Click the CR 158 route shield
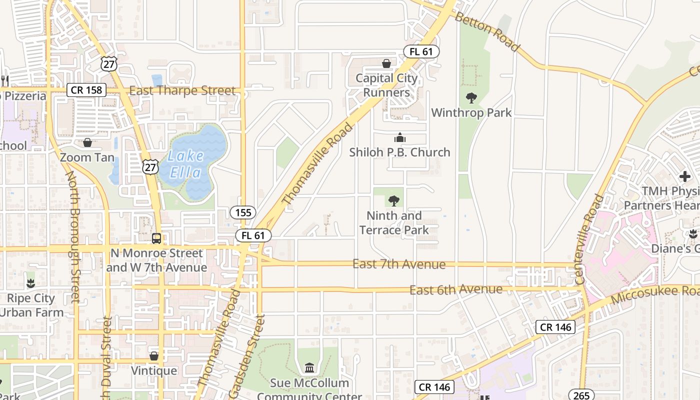(x=86, y=90)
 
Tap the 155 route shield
(x=243, y=212)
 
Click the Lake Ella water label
(x=185, y=164)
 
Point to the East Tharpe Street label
(x=182, y=91)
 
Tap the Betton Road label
(x=487, y=31)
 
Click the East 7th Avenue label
(x=398, y=264)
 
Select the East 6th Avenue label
(x=456, y=289)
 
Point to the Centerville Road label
(x=590, y=239)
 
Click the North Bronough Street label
(x=73, y=237)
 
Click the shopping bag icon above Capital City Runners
(x=386, y=63)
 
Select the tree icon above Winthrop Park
(x=471, y=97)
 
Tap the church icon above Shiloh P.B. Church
(x=399, y=137)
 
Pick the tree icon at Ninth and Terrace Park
(x=394, y=201)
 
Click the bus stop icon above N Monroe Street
(x=156, y=238)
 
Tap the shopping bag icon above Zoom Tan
(x=87, y=142)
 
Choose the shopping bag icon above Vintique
(x=154, y=356)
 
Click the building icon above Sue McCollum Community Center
(x=309, y=368)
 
